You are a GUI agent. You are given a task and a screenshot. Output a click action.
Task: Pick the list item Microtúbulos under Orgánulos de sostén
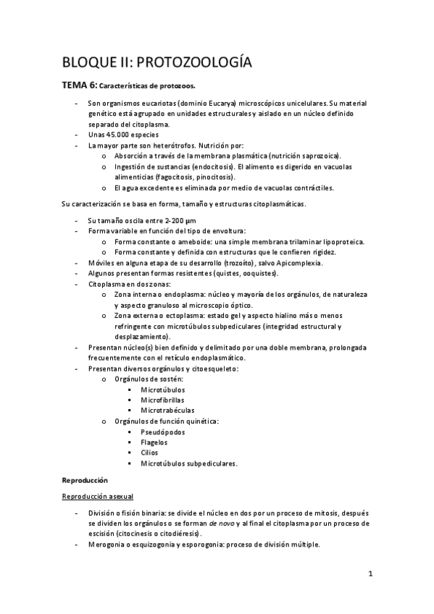point(162,390)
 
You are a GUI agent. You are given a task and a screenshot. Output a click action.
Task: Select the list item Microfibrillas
point(162,400)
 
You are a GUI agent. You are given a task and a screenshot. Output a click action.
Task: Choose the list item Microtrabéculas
point(167,411)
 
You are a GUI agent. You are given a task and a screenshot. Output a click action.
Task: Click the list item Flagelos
point(154,442)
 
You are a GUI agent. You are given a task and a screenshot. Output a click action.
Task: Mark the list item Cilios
point(150,453)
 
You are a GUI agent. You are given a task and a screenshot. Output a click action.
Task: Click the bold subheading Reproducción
point(84,480)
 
